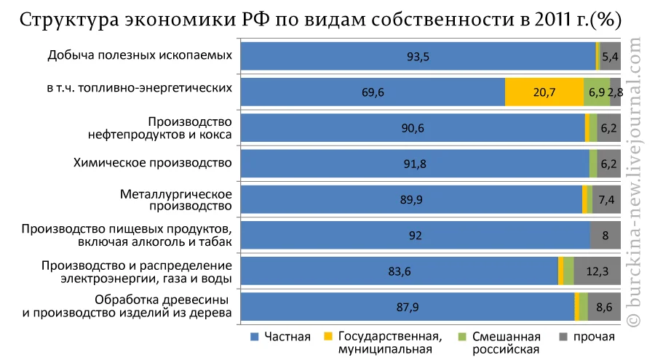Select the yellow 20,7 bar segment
544,92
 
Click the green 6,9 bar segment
597,92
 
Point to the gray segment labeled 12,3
598,271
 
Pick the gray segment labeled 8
606,235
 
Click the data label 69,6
373,92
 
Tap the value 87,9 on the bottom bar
408,307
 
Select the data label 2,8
616,92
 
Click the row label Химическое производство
153,162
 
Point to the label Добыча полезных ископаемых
140,55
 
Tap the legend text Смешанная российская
506,342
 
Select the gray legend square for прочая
563,337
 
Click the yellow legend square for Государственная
328,337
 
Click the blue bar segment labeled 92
415,235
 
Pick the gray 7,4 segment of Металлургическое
606,199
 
